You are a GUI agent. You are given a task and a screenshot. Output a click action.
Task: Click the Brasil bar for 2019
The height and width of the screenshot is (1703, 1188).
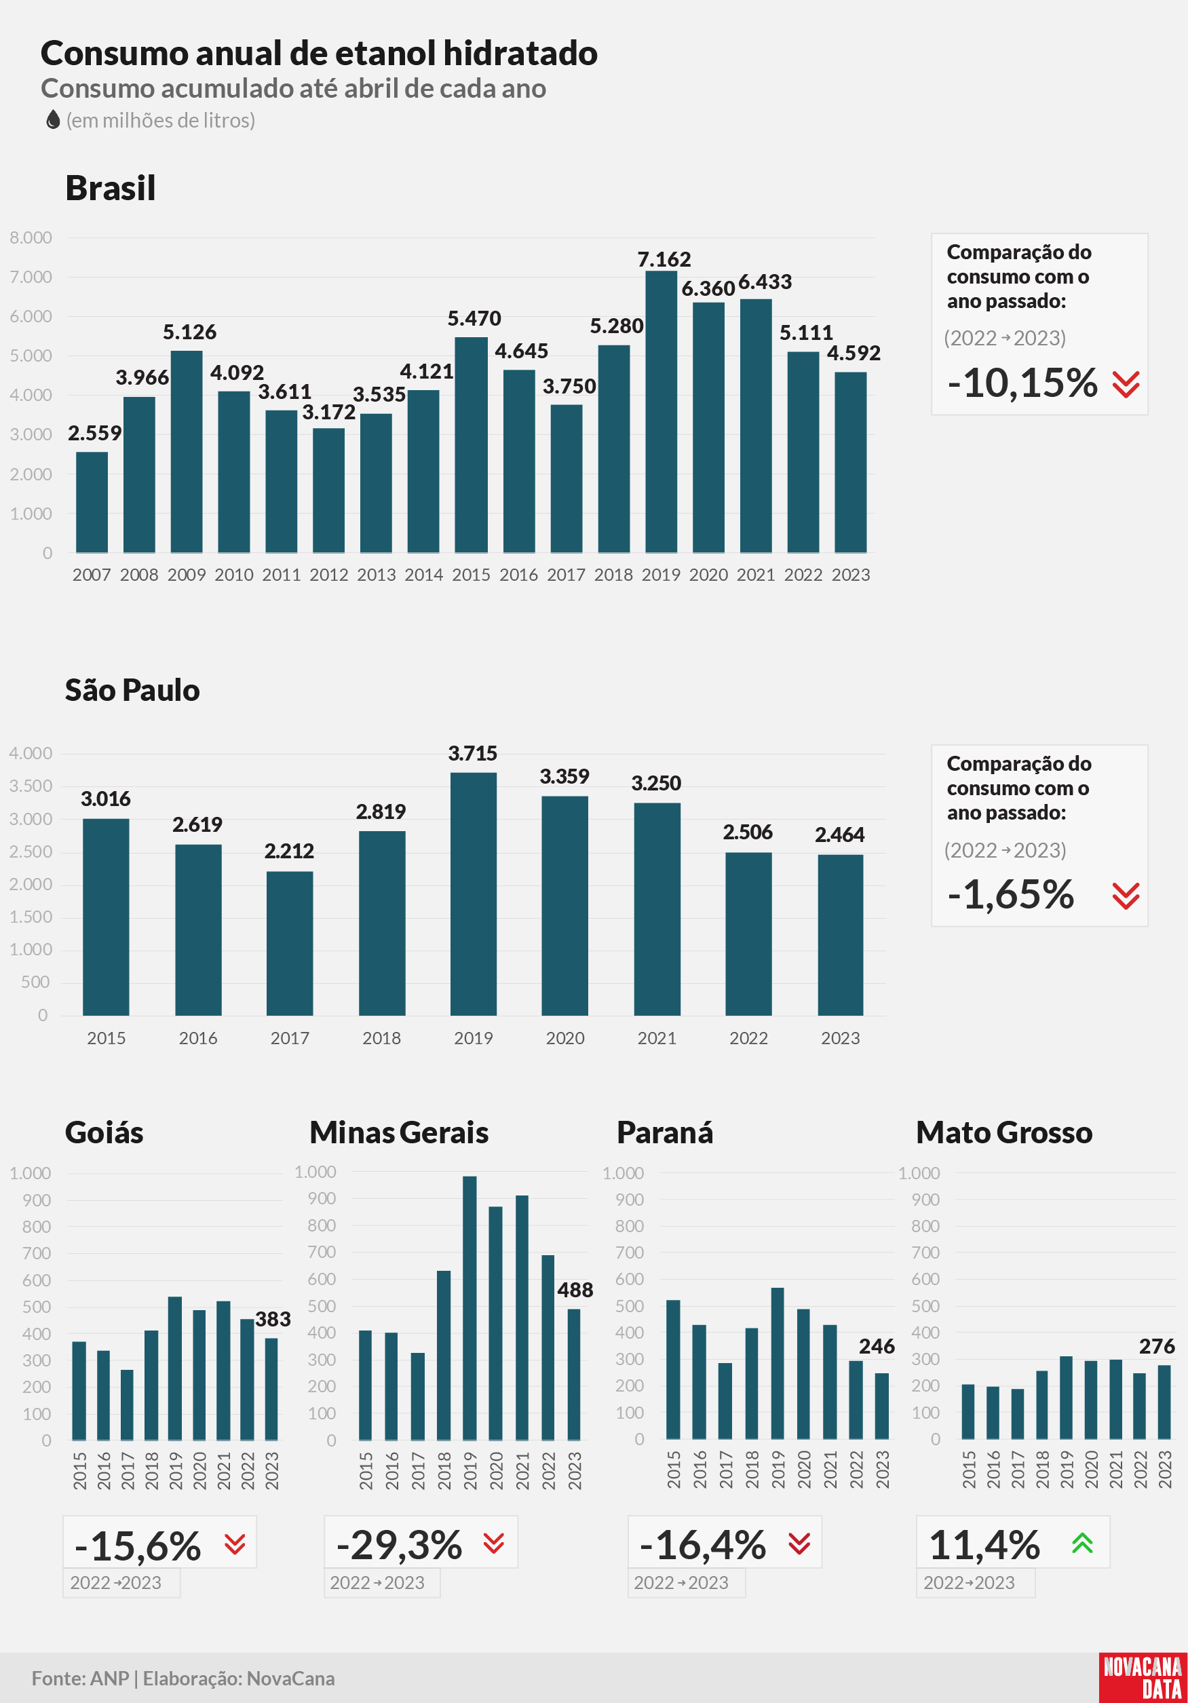point(661,412)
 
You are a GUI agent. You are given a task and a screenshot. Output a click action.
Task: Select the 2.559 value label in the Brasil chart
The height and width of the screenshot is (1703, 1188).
point(94,433)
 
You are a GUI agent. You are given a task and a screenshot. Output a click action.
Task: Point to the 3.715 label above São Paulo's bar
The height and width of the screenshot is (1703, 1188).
point(472,754)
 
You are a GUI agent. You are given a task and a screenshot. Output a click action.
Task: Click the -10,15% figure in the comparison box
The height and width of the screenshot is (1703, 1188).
point(1022,383)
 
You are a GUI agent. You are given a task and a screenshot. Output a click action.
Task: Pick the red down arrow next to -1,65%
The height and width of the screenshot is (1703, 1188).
point(1126,896)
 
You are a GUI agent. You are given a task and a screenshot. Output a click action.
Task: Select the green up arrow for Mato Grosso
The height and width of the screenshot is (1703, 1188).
point(1082,1544)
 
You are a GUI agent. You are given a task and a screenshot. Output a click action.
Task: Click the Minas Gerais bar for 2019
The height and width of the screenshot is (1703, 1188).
point(470,1307)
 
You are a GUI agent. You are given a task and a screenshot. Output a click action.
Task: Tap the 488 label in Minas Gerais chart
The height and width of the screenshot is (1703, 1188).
point(575,1290)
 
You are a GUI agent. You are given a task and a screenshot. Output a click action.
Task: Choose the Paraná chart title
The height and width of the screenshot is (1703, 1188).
point(664,1132)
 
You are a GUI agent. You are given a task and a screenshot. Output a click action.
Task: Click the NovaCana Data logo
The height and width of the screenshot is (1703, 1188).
point(1143,1678)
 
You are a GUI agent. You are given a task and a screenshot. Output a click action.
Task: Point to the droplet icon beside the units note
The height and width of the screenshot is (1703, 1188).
point(53,119)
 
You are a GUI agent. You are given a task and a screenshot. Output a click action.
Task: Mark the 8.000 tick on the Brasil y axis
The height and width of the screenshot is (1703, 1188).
point(31,237)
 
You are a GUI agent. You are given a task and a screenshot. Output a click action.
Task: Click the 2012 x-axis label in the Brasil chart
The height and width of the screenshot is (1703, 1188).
point(328,575)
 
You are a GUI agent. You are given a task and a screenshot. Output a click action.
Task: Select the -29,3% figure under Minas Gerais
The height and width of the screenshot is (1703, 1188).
point(399,1545)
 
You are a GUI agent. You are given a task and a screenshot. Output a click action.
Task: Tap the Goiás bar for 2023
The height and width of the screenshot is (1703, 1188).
point(271,1388)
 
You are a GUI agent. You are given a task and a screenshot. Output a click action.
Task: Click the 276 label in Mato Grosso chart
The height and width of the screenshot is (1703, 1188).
point(1157,1346)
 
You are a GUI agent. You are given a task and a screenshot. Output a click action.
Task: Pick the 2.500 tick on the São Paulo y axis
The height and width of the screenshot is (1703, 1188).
point(31,851)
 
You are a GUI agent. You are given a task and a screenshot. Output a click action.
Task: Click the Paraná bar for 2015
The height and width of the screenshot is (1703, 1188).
point(673,1369)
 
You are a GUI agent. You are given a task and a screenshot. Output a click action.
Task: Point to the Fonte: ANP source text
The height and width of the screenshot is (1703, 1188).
point(80,1679)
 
